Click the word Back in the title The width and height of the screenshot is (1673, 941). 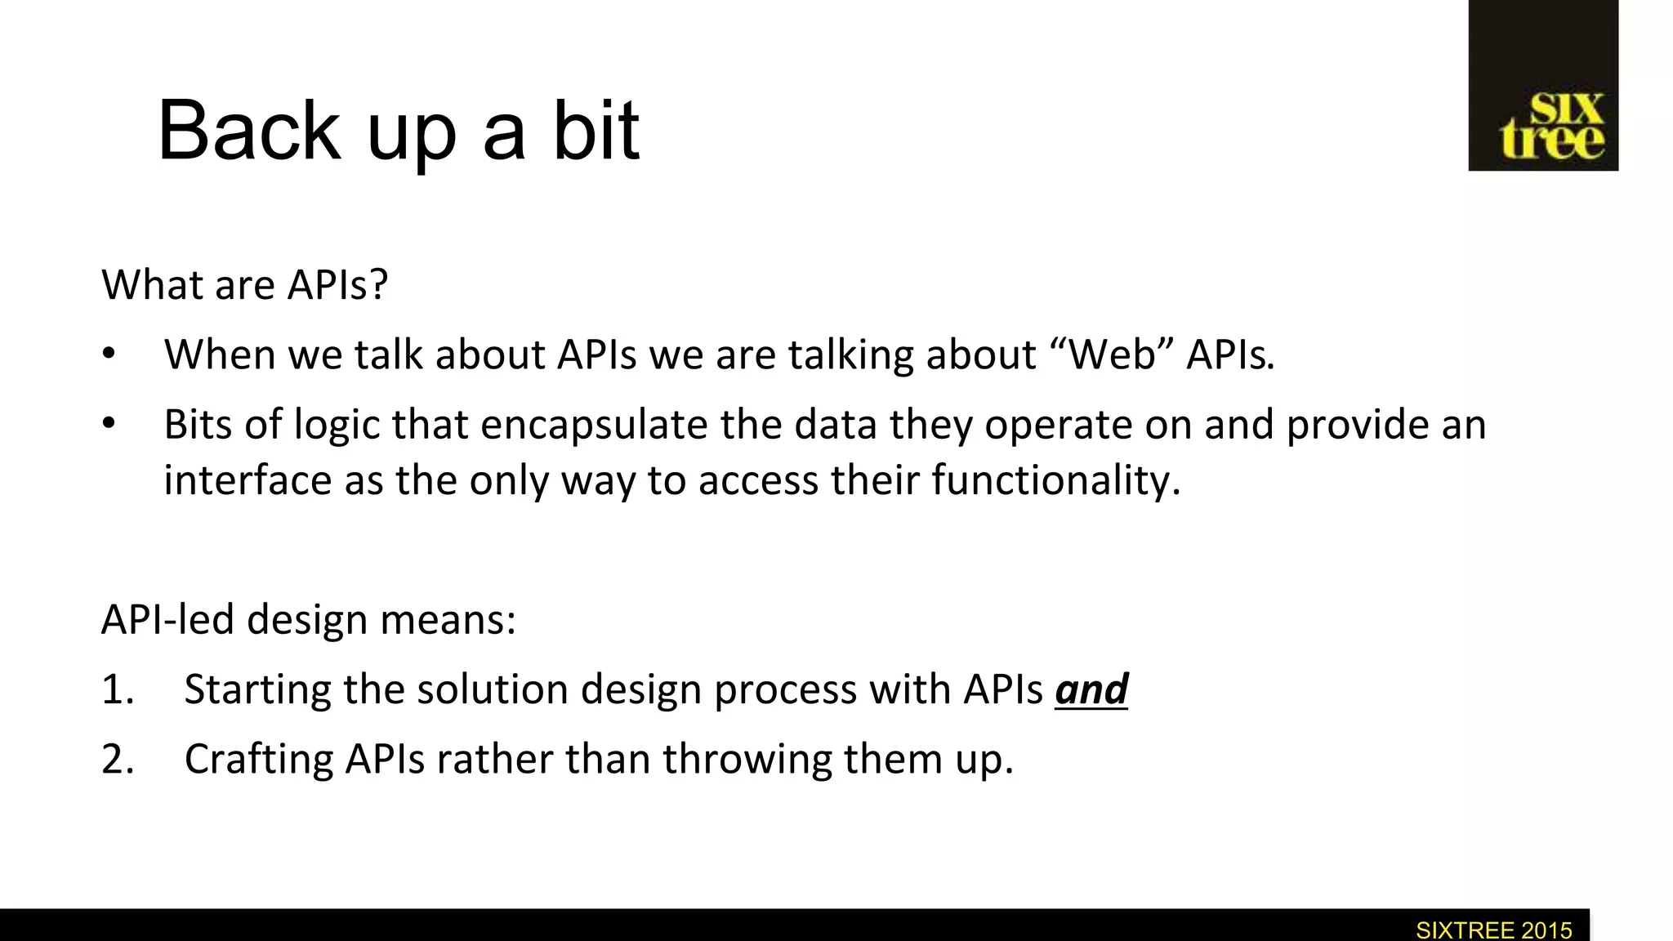tap(248, 131)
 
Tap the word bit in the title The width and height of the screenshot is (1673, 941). tap(596, 131)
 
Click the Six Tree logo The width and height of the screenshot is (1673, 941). tap(1543, 86)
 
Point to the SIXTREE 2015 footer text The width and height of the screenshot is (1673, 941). tap(1493, 930)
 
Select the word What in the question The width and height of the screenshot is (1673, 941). tap(151, 285)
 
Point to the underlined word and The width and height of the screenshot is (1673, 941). tap(1091, 689)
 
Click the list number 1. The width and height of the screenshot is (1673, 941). tap(117, 689)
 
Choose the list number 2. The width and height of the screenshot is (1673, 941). tap(117, 760)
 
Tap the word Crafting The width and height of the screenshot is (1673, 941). tap(258, 760)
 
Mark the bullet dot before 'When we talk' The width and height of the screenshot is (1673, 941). tap(109, 355)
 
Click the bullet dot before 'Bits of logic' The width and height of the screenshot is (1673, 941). tap(109, 425)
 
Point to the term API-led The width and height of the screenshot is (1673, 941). tap(167, 620)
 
